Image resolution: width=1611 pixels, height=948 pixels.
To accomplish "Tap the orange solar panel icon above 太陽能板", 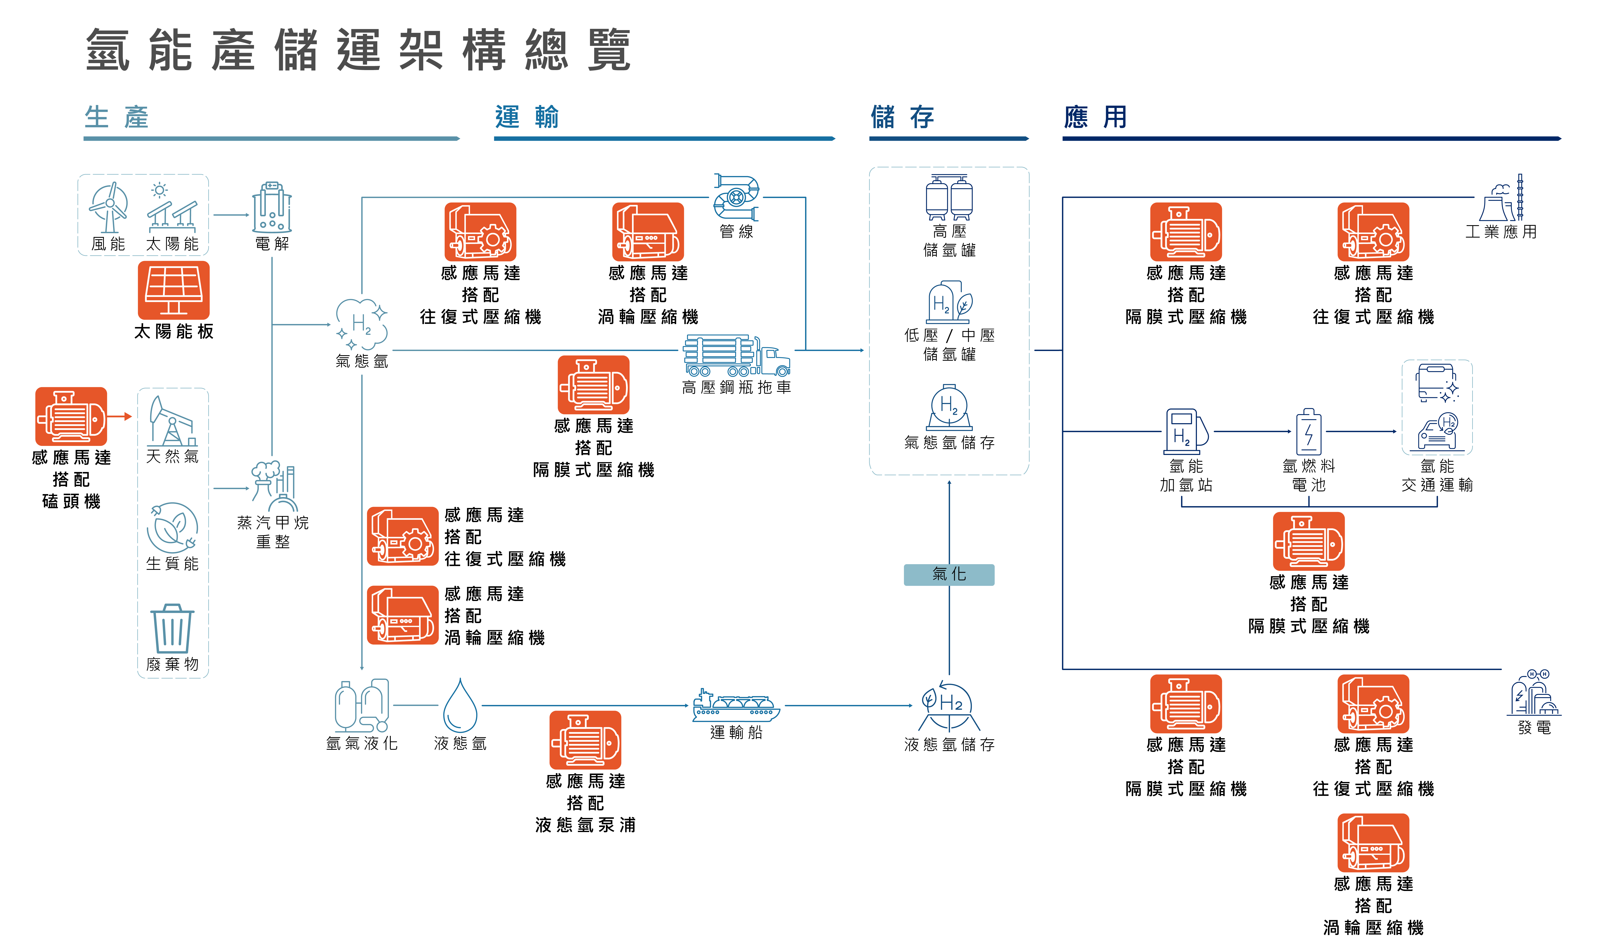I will click(x=173, y=290).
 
